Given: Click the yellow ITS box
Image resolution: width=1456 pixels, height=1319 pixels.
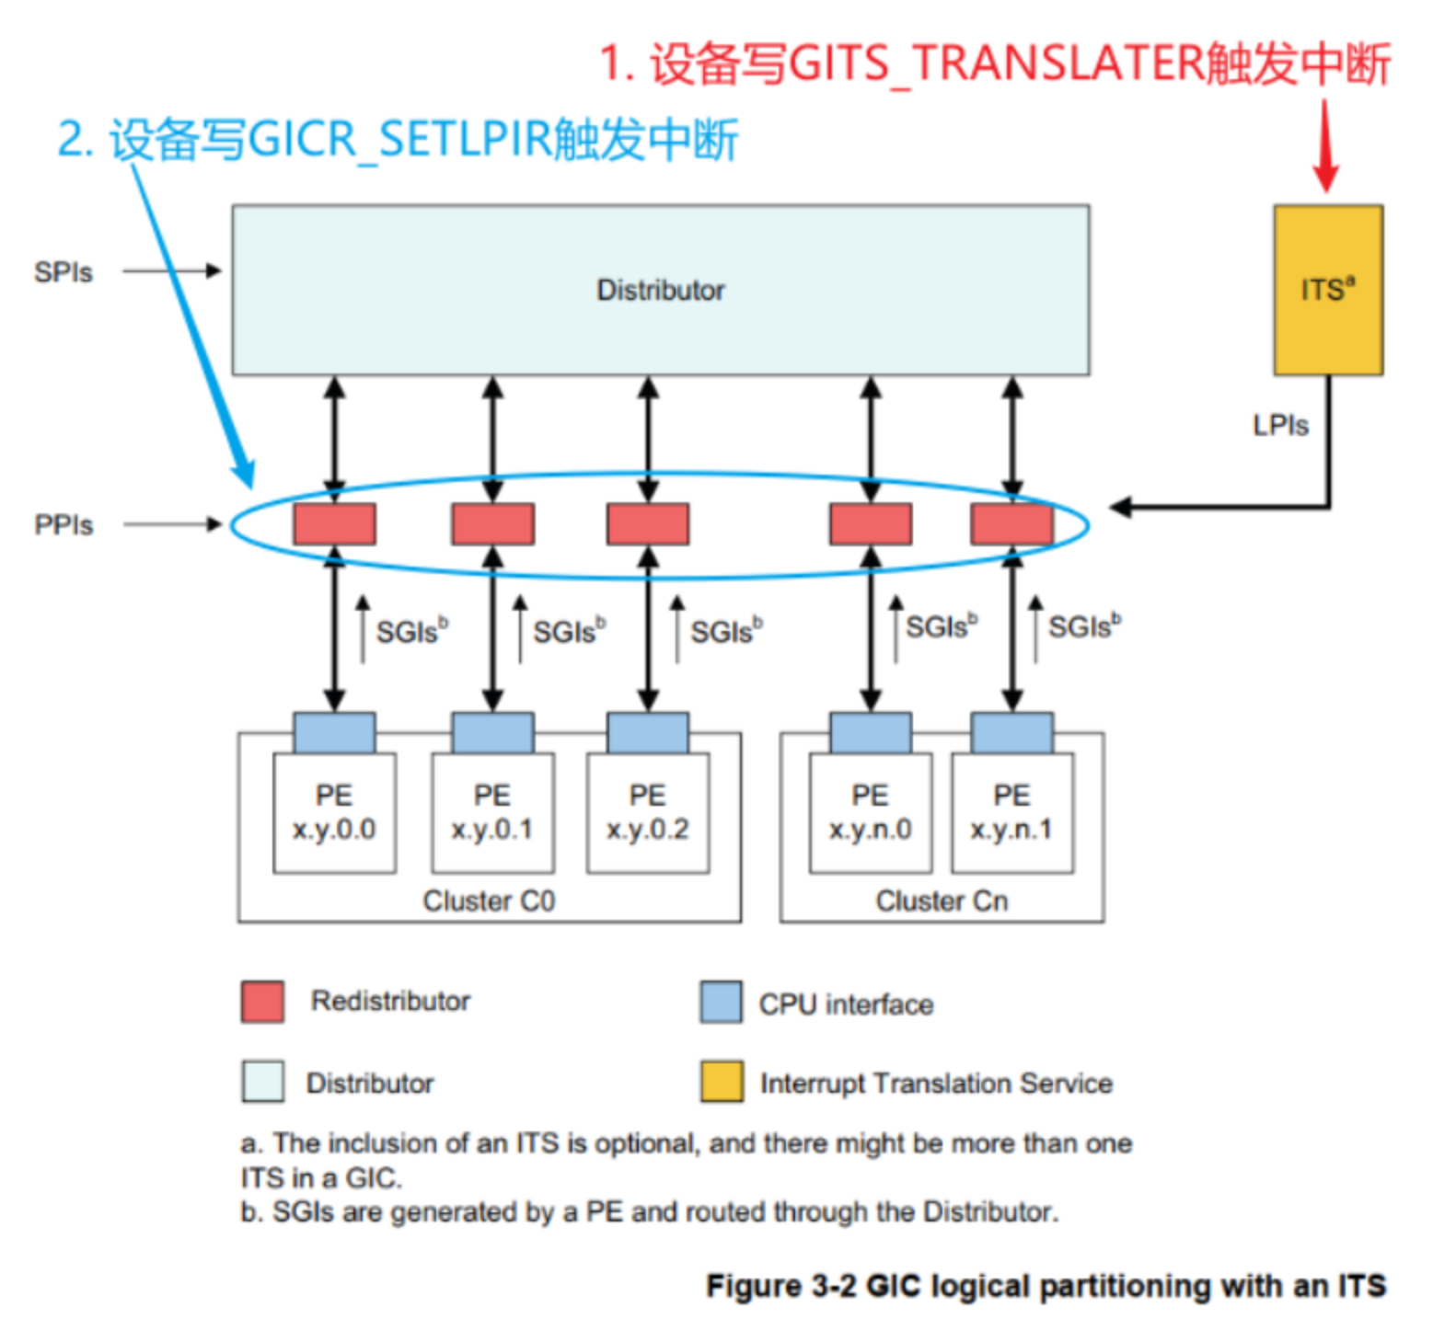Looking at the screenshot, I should click(1327, 290).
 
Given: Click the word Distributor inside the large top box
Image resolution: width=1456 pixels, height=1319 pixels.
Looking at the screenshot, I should click(660, 290).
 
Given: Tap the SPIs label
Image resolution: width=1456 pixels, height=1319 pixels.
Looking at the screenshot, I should click(63, 272).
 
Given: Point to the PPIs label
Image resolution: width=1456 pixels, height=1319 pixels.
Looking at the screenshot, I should click(63, 525).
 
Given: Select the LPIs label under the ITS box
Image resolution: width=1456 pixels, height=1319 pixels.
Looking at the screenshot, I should click(1279, 425).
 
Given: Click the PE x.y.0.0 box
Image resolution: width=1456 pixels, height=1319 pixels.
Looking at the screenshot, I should click(334, 812).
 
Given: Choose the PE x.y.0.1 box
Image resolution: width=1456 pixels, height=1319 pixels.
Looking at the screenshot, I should click(492, 812).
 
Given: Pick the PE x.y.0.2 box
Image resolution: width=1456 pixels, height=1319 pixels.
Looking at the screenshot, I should click(647, 812).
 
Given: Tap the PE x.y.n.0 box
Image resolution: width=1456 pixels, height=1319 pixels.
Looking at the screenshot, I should click(870, 812).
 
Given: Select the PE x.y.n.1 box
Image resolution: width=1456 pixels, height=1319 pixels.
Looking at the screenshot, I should click(1011, 812).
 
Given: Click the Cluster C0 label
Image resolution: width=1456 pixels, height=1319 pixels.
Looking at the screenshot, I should click(489, 900).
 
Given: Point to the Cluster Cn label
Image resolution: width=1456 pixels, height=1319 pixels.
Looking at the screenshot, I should click(942, 900).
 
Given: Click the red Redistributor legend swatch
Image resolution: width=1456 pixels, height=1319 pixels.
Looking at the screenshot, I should click(262, 1002).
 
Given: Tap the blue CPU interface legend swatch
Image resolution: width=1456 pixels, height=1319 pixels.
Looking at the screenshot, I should click(721, 1003).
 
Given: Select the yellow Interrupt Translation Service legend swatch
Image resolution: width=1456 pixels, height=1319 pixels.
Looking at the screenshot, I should click(721, 1082).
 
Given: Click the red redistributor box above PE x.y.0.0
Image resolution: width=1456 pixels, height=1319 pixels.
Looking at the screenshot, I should click(334, 524).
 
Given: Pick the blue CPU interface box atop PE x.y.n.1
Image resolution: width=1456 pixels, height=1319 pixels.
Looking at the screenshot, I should click(1011, 733).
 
